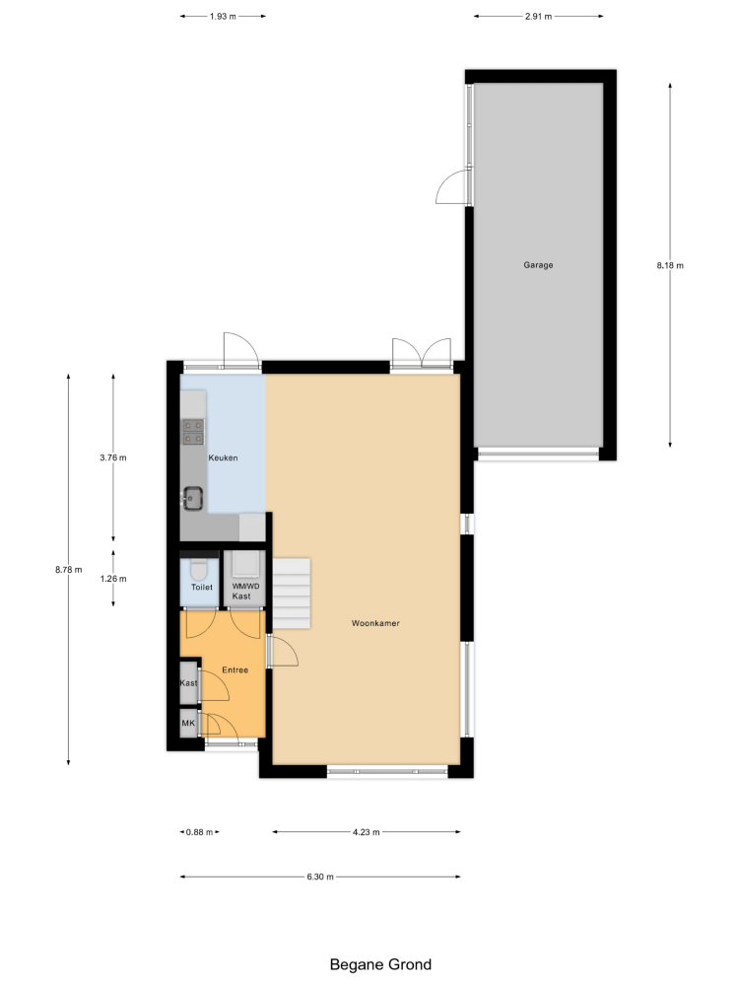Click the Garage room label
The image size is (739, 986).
538,265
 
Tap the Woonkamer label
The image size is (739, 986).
375,623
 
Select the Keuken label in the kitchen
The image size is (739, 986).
223,458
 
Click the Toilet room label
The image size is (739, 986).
202,588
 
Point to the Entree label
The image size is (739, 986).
235,670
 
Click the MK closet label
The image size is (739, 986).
188,723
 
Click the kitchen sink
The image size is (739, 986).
193,499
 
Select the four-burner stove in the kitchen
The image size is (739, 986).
193,432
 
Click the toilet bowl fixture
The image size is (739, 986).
199,569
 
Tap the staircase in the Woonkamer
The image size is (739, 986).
292,594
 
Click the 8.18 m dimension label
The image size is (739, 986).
670,265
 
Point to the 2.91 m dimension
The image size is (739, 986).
539,17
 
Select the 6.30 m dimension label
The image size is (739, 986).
320,877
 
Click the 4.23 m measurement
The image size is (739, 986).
366,832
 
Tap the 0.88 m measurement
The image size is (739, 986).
199,832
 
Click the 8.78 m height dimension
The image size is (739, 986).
69,570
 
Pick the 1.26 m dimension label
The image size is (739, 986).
113,579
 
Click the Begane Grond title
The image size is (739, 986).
380,964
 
